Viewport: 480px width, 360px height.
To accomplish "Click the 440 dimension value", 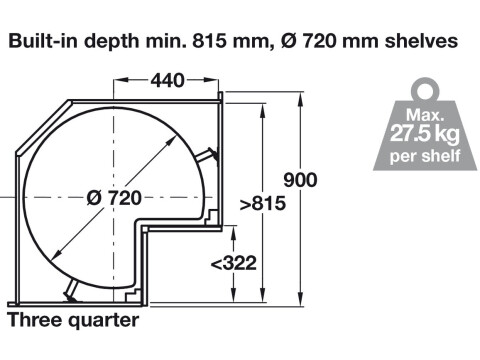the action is pyautogui.click(x=167, y=80).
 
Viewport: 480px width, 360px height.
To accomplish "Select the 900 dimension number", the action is pyautogui.click(x=300, y=180).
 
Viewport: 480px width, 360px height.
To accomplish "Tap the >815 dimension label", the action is pyautogui.click(x=263, y=203).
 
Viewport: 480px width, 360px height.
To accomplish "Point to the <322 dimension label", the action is pyautogui.click(x=234, y=263).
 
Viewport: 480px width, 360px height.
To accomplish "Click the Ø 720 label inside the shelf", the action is pyautogui.click(x=114, y=198).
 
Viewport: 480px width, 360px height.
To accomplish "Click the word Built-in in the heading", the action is pyautogui.click(x=44, y=41).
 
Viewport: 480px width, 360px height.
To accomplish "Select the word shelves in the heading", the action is pyautogui.click(x=421, y=41).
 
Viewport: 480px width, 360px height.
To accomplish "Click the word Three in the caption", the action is pyautogui.click(x=35, y=320).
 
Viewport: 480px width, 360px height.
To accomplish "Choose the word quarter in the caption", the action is pyautogui.click(x=104, y=321).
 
